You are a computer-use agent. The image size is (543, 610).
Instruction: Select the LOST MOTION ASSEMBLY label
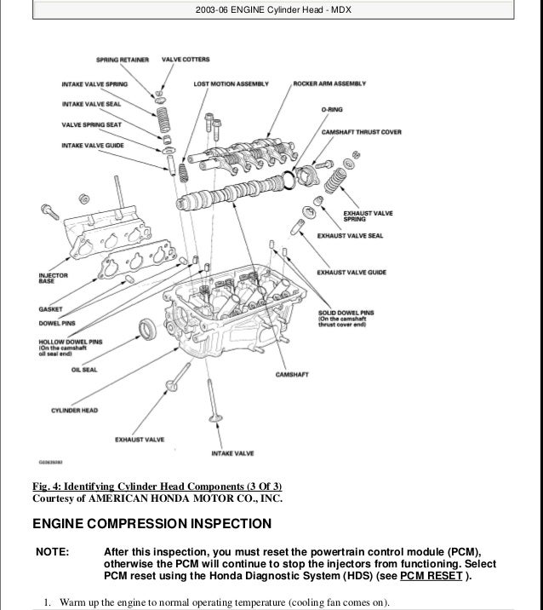tap(231, 84)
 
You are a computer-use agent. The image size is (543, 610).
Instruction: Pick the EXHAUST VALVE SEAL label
tap(350, 234)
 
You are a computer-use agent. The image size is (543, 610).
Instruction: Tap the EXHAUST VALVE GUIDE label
tap(352, 272)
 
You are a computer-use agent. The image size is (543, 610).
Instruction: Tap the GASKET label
tap(49, 310)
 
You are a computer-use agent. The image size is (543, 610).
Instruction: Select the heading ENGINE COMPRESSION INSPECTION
tap(151, 522)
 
